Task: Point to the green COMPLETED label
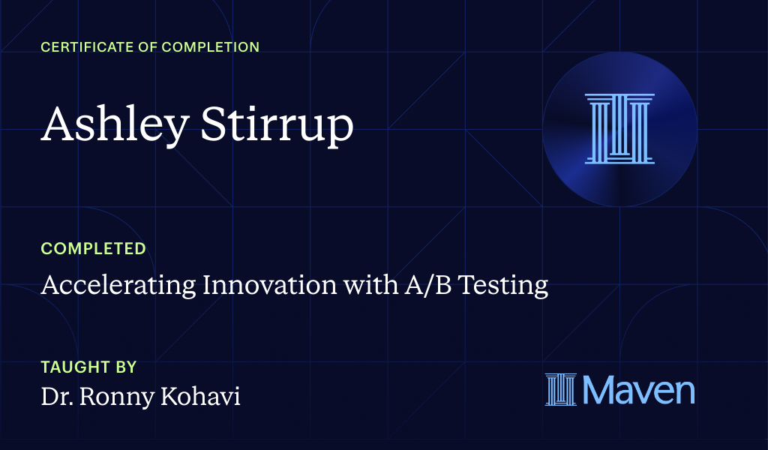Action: [x=94, y=248]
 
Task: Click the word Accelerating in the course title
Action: [x=113, y=286]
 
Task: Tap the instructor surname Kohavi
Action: [x=202, y=397]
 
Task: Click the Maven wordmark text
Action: [x=637, y=390]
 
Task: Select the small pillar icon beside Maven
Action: [x=560, y=390]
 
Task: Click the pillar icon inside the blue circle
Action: [x=619, y=128]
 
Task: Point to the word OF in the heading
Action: [x=142, y=47]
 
